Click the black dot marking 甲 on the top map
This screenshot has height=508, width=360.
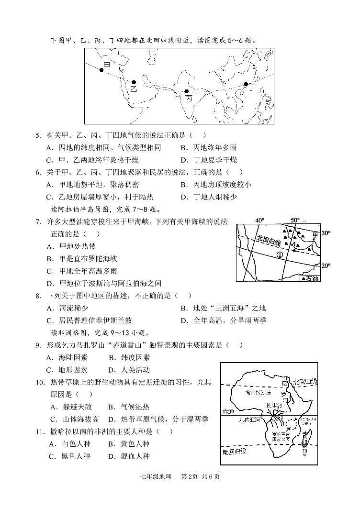point(101,70)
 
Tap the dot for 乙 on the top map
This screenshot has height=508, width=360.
point(134,82)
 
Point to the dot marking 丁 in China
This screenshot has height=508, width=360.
point(246,85)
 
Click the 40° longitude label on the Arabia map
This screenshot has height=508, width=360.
point(259,221)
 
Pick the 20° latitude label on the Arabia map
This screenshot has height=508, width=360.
point(326,266)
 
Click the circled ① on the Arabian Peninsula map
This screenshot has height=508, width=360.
point(279,255)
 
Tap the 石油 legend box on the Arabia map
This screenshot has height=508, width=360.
point(309,278)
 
